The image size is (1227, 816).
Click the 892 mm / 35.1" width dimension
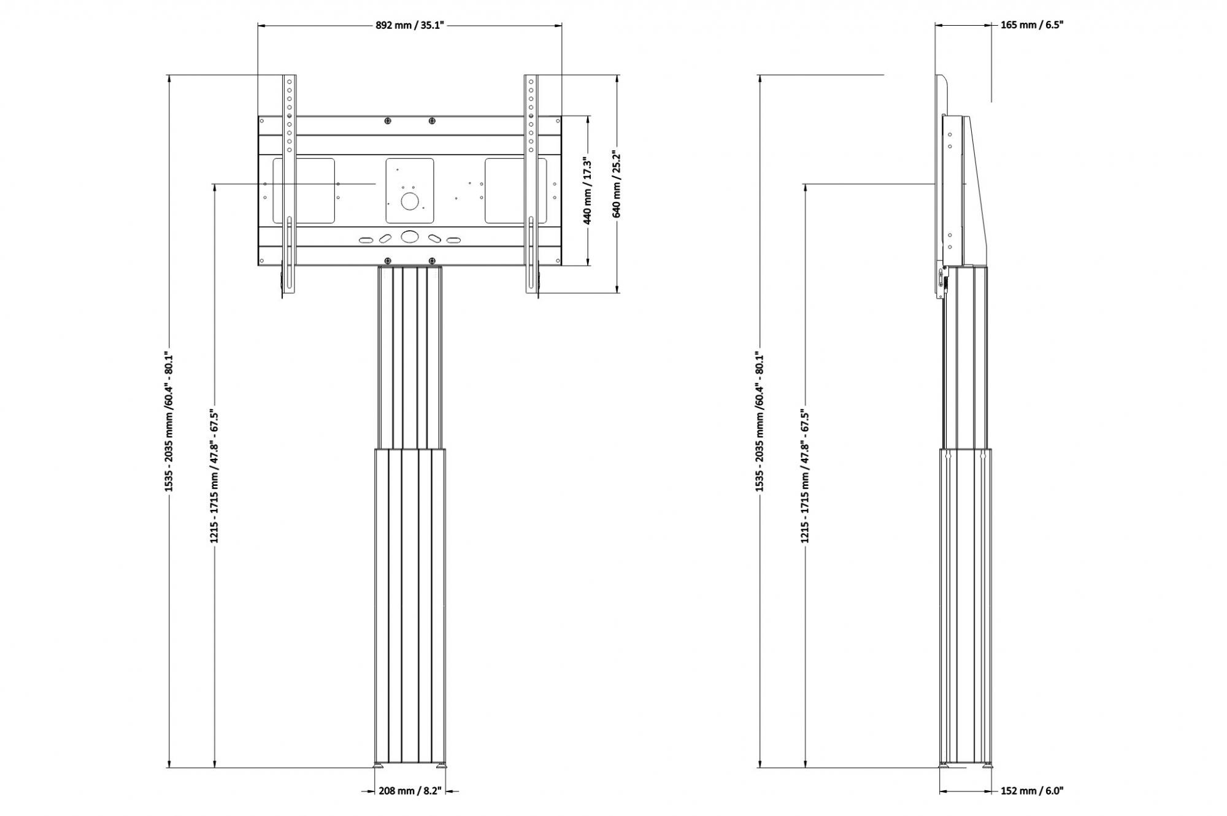click(x=409, y=25)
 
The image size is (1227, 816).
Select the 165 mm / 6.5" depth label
click(x=1032, y=25)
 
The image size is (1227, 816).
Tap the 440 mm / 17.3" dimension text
click(x=587, y=191)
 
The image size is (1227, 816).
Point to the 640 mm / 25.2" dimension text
click(x=617, y=185)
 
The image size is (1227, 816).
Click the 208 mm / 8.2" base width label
click(x=410, y=791)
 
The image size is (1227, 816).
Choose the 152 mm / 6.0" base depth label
click(x=1032, y=791)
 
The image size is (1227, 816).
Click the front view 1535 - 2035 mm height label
click(x=170, y=421)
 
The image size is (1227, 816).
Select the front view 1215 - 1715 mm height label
click(x=214, y=476)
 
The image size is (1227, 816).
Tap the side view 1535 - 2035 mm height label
click(x=760, y=421)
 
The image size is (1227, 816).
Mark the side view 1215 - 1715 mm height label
click(x=805, y=476)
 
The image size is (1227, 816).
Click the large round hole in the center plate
click(x=409, y=201)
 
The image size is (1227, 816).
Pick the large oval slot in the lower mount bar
click(x=409, y=236)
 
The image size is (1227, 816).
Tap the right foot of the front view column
click(x=441, y=765)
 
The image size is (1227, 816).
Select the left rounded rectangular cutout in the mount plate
click(x=304, y=191)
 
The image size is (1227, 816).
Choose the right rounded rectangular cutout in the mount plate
click(x=515, y=191)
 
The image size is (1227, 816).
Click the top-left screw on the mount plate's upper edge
click(x=388, y=120)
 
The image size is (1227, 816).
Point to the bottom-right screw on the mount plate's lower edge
click(x=432, y=260)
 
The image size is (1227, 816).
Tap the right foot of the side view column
click(x=988, y=765)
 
